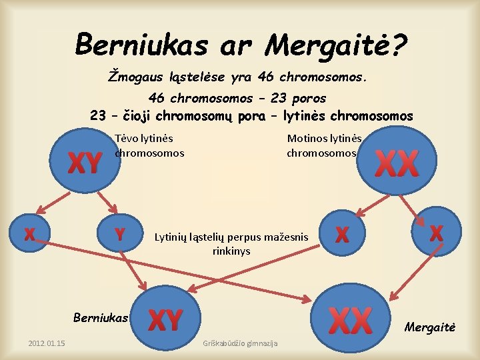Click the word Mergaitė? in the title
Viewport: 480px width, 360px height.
tap(336, 45)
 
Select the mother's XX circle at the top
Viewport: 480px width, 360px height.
tap(396, 163)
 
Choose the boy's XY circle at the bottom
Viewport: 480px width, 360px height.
tap(164, 320)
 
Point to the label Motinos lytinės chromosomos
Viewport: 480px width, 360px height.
tap(324, 145)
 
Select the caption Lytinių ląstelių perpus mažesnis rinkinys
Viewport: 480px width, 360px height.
tap(231, 243)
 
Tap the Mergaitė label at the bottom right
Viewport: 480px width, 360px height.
tap(429, 327)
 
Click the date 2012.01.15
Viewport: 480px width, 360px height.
tap(47, 343)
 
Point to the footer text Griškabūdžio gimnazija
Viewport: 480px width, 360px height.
tap(240, 343)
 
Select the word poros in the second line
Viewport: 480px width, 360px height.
tap(309, 98)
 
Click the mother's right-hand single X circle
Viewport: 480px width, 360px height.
tap(436, 233)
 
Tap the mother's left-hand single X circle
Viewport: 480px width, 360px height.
tap(342, 234)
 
